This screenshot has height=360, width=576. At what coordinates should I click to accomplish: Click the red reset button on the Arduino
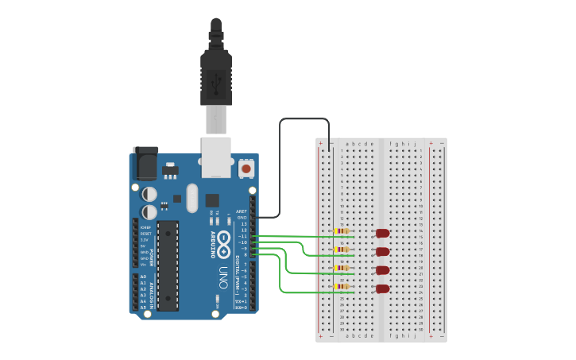246,169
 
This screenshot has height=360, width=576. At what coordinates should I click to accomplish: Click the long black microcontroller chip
168,265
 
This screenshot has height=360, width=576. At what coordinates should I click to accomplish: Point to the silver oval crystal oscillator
191,198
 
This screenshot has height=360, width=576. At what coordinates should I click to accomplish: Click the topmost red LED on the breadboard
383,233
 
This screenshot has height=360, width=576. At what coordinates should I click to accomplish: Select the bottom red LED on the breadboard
383,289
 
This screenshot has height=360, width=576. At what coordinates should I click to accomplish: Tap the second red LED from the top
383,251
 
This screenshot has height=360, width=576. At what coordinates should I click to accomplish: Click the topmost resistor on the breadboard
342,231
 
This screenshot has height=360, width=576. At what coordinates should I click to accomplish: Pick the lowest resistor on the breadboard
342,287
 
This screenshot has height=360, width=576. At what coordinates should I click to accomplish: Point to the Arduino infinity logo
223,238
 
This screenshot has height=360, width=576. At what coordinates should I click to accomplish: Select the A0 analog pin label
143,277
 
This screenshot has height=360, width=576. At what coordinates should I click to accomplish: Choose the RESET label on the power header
145,234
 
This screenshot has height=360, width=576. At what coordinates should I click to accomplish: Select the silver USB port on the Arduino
215,156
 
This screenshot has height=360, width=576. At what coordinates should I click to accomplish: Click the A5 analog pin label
143,307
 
